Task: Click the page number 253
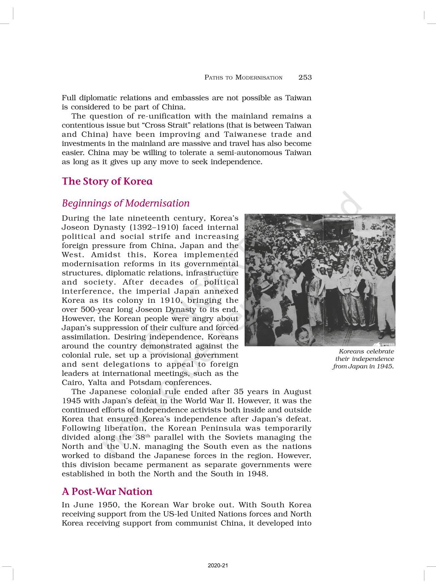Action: pos(305,77)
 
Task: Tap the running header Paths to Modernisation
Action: pos(243,78)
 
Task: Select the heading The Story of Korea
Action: pos(107,181)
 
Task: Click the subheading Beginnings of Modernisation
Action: pos(126,203)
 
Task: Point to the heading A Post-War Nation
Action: pos(107,491)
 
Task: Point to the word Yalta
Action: pos(88,382)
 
